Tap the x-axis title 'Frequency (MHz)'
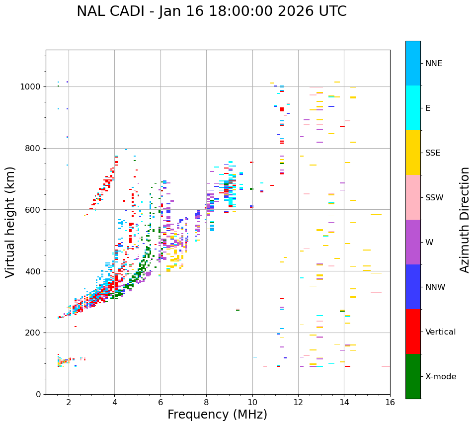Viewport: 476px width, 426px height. coord(217,415)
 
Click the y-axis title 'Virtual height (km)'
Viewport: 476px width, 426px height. coord(10,222)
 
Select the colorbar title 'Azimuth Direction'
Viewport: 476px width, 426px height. coord(465,220)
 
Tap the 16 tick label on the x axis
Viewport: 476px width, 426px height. coord(390,402)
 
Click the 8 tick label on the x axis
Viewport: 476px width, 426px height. coord(206,402)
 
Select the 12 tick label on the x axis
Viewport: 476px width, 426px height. coord(298,402)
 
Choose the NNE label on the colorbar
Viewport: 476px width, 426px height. coord(433,64)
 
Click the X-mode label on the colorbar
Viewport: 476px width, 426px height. coord(440,377)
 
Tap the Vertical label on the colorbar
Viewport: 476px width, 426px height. coord(440,332)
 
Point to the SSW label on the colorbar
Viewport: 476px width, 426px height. coord(434,198)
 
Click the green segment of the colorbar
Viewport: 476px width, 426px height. coord(413,376)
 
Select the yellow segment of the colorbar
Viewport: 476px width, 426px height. coord(413,153)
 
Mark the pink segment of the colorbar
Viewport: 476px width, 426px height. coord(413,197)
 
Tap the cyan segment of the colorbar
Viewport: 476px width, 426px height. coord(413,108)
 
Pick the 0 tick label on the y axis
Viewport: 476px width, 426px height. coord(38,394)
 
